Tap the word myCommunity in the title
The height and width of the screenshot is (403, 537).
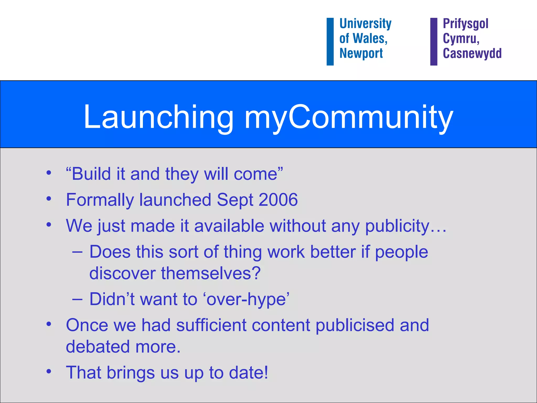[349, 117]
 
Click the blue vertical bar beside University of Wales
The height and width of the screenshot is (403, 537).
[330, 41]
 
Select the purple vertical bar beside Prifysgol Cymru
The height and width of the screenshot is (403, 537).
[434, 41]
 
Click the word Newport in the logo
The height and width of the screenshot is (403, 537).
[361, 53]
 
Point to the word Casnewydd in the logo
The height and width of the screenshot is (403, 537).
[472, 53]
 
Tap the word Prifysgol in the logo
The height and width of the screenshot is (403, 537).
[465, 24]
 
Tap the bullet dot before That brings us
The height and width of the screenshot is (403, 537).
[49, 372]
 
